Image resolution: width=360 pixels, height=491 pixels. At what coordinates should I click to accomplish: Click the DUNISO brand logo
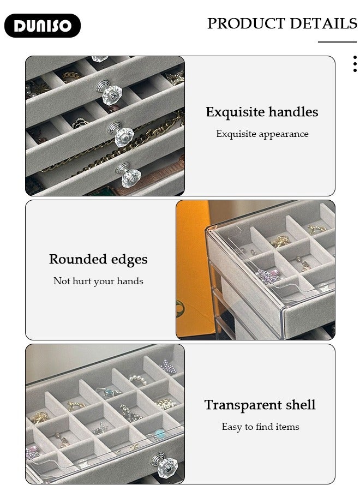tap(43, 26)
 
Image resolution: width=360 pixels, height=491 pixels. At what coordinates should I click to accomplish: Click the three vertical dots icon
tap(355, 64)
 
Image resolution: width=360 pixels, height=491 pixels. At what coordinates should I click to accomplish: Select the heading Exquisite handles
tap(262, 112)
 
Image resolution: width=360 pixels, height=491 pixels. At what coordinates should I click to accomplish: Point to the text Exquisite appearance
tap(262, 134)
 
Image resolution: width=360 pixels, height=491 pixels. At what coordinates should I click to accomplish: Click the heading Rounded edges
tap(98, 259)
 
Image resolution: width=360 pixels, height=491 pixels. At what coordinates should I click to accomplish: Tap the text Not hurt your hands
tap(98, 281)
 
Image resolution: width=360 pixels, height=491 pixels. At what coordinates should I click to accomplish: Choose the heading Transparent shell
tap(260, 405)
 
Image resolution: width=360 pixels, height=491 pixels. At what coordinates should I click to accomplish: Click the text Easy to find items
tap(260, 427)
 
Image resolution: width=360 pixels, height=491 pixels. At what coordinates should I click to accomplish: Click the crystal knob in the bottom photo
tap(166, 465)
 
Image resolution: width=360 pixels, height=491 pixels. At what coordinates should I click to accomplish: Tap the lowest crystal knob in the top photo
tap(129, 176)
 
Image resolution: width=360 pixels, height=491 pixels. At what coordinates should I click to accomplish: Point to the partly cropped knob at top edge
tap(100, 58)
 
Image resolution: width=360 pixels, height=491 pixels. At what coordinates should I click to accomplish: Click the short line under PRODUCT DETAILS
tap(337, 42)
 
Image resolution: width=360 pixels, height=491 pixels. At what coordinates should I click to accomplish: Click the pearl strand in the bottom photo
tap(138, 378)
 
